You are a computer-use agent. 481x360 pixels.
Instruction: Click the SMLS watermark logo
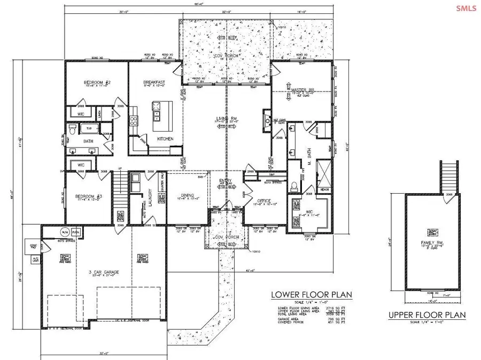click(466, 7)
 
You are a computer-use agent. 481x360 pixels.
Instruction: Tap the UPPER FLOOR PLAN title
click(426, 315)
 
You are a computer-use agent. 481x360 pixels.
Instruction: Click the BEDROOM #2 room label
click(97, 82)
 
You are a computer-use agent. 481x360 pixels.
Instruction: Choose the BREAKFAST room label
click(154, 82)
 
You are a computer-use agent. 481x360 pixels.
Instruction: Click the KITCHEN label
click(165, 139)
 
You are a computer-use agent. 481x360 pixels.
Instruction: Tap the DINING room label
click(187, 195)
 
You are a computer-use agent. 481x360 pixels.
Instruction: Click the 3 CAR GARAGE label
click(104, 272)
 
